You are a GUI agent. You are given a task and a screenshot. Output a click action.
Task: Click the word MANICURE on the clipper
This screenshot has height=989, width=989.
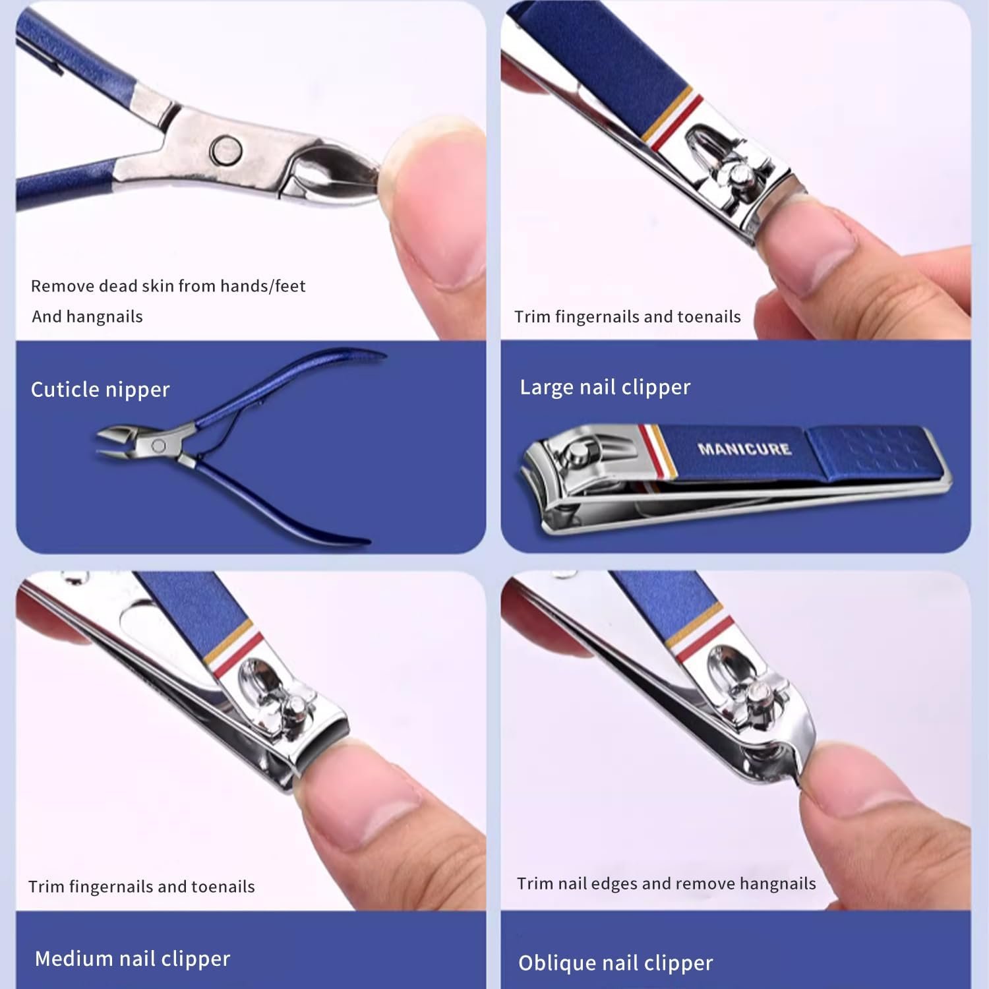pos(744,449)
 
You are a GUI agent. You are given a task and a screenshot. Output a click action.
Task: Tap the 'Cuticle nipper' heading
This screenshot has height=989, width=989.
pos(100,390)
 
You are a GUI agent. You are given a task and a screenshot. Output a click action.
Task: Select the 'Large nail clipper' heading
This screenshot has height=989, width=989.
pos(605,387)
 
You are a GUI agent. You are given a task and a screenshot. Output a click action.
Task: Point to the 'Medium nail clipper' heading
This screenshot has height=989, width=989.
pos(133,959)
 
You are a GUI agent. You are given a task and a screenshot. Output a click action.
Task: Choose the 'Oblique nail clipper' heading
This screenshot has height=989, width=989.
pos(615,963)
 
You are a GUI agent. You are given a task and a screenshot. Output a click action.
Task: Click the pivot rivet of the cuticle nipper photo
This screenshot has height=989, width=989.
pos(226,150)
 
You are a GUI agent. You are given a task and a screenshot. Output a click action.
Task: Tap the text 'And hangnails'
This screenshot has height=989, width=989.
pos(87,316)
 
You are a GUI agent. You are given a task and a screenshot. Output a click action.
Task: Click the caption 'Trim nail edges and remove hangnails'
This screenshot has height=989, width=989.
pos(666,884)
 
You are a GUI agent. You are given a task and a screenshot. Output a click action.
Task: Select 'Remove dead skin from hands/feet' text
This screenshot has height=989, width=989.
pos(168,286)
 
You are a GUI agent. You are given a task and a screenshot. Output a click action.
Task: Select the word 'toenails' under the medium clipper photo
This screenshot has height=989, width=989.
pos(223,887)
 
